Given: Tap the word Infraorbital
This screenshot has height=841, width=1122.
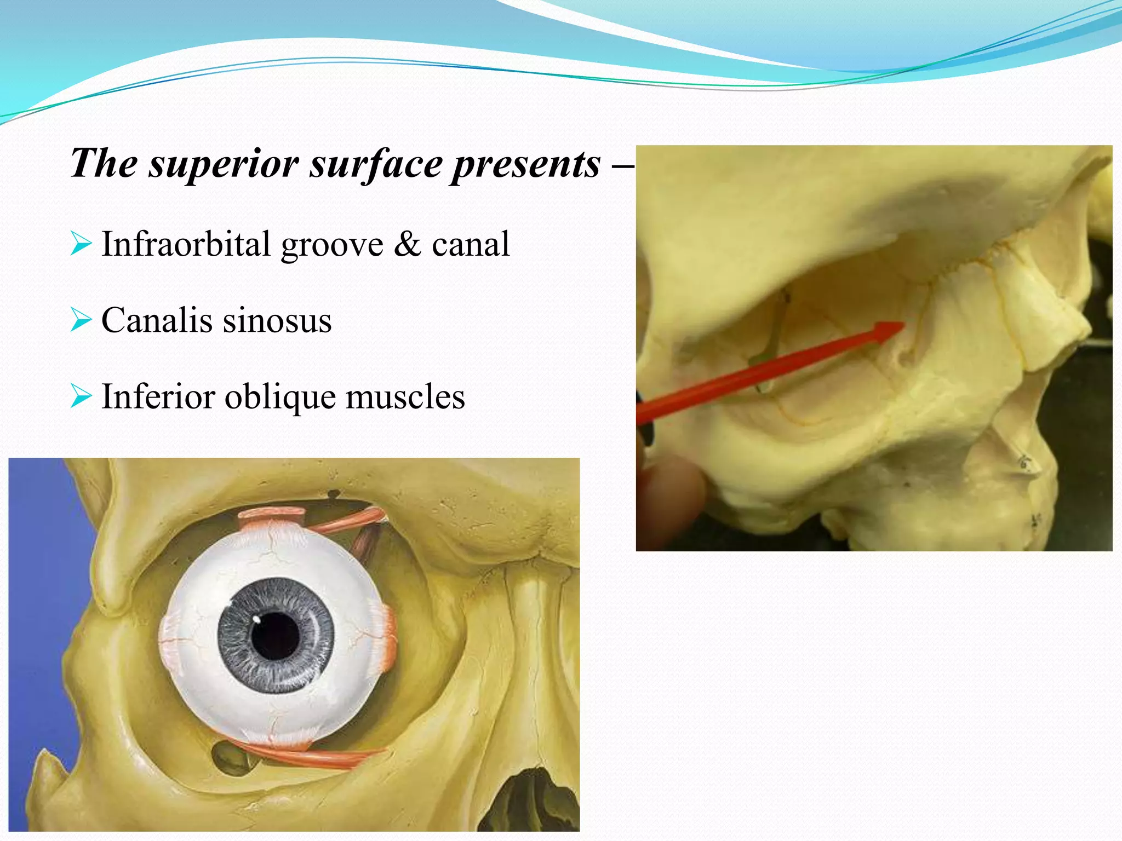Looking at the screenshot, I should tap(186, 244).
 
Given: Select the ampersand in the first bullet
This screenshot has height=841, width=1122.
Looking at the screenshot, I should tap(407, 244).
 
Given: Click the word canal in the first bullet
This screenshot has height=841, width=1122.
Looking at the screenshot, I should tap(471, 244).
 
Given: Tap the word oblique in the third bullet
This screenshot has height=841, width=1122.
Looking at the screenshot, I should tap(280, 397).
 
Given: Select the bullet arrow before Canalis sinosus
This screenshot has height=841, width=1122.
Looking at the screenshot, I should tap(81, 320).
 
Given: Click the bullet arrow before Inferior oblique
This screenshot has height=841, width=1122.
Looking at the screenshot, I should tap(81, 397).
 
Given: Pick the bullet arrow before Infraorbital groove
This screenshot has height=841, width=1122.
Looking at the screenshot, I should tap(81, 244).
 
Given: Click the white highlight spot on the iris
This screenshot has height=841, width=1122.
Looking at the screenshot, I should tap(256, 619).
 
